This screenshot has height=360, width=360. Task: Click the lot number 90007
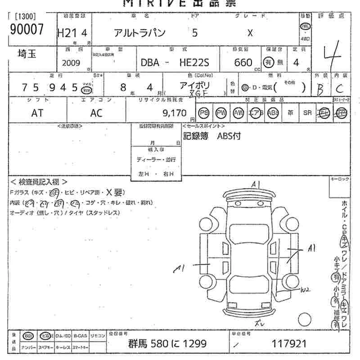(27, 30)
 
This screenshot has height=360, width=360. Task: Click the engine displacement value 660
(243, 63)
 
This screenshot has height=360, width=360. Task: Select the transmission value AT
(37, 113)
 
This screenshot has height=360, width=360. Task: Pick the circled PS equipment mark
(203, 113)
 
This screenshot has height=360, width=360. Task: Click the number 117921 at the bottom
(289, 344)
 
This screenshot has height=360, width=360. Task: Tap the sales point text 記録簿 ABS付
(211, 136)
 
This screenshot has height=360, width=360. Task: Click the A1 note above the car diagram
(256, 184)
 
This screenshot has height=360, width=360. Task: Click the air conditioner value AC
(96, 113)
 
